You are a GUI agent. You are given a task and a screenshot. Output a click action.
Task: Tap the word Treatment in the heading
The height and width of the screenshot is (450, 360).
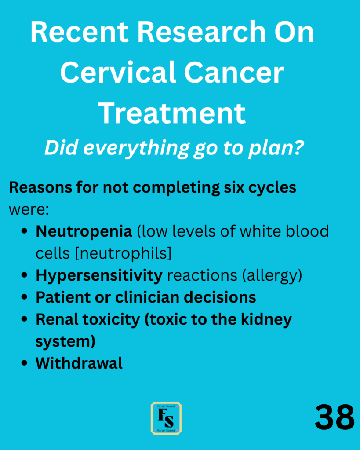point(172,113)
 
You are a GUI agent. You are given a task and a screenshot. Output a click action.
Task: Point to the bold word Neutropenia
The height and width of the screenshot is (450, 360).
point(84,231)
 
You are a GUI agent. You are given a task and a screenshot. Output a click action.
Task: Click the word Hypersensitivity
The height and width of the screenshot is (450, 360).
point(99,275)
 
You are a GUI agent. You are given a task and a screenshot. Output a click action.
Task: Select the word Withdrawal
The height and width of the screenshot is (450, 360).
point(79,363)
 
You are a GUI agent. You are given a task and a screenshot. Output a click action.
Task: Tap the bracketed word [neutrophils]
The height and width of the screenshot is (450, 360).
point(124,253)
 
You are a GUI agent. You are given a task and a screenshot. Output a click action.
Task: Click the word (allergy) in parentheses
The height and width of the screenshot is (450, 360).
point(272,275)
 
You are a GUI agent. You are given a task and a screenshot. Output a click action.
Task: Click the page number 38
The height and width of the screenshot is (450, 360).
point(335,417)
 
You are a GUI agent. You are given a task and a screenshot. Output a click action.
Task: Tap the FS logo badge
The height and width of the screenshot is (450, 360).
point(167,418)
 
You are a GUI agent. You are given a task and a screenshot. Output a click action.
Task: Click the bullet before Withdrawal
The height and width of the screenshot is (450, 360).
point(24,363)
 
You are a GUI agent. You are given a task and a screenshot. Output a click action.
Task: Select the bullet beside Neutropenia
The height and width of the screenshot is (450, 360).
point(24,231)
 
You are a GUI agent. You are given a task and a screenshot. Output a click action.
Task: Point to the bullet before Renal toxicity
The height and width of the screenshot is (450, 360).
point(24,319)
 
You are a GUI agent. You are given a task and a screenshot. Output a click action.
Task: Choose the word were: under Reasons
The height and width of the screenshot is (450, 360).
point(29,210)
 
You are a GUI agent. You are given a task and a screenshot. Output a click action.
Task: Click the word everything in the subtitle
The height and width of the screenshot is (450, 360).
point(136,148)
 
